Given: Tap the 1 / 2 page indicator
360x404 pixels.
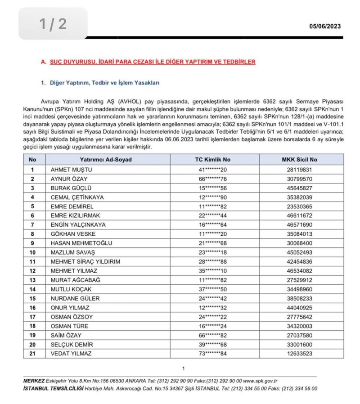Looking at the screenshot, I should click(x=53, y=24).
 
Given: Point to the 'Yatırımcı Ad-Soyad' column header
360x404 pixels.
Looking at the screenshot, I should click(x=106, y=159).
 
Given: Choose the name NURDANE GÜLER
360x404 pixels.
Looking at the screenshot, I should click(x=72, y=298).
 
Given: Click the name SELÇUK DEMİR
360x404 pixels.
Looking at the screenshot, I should click(x=70, y=344).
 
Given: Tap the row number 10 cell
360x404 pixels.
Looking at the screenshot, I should click(x=32, y=252).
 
